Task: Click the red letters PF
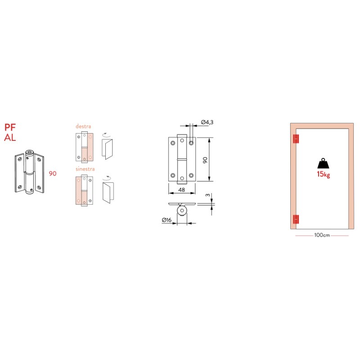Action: [x=10, y=127]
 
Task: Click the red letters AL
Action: [x=10, y=138]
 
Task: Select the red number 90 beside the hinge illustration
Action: [x=53, y=174]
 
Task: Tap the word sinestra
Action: [x=85, y=169]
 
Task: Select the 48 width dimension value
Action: [x=182, y=189]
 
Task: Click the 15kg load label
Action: [x=323, y=174]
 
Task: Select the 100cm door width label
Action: [x=322, y=235]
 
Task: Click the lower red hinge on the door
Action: [x=296, y=219]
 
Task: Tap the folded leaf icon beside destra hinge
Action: [x=108, y=149]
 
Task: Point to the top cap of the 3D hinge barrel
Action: [x=29, y=153]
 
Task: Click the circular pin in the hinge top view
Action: [x=182, y=210]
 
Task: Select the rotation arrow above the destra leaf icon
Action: [x=106, y=134]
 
